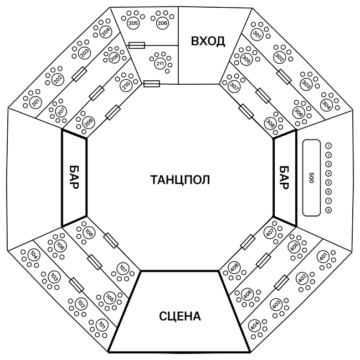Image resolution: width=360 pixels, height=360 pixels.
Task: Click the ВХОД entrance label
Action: click(208, 42)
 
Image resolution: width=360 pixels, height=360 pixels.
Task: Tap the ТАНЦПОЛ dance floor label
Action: click(180, 179)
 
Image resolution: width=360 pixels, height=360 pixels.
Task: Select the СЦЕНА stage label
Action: click(180, 316)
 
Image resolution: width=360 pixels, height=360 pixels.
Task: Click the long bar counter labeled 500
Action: click(311, 178)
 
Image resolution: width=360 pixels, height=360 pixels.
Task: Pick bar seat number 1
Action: click(328, 146)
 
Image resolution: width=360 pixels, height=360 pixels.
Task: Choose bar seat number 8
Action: click(328, 210)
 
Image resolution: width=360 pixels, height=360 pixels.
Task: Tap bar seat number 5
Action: click(328, 183)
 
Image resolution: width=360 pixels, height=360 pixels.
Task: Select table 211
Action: click(160, 63)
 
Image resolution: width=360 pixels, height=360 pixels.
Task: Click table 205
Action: click(133, 23)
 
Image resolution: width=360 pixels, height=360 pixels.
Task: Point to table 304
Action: click(326, 105)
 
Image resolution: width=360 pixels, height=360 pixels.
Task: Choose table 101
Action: click(102, 325)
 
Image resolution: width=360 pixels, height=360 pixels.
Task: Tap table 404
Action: click(254, 326)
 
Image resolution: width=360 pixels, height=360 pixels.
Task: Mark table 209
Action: click(89, 121)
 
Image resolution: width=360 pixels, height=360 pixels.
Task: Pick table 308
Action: click(270, 124)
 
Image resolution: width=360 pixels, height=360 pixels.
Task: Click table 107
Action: click(123, 269)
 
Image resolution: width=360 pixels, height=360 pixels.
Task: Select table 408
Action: click(234, 268)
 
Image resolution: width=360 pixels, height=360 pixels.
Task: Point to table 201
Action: click(35, 102)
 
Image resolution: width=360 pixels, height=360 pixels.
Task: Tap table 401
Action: click(323, 257)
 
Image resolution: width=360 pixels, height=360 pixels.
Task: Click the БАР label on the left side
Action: click(74, 177)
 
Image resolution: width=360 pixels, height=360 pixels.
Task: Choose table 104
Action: click(34, 255)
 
